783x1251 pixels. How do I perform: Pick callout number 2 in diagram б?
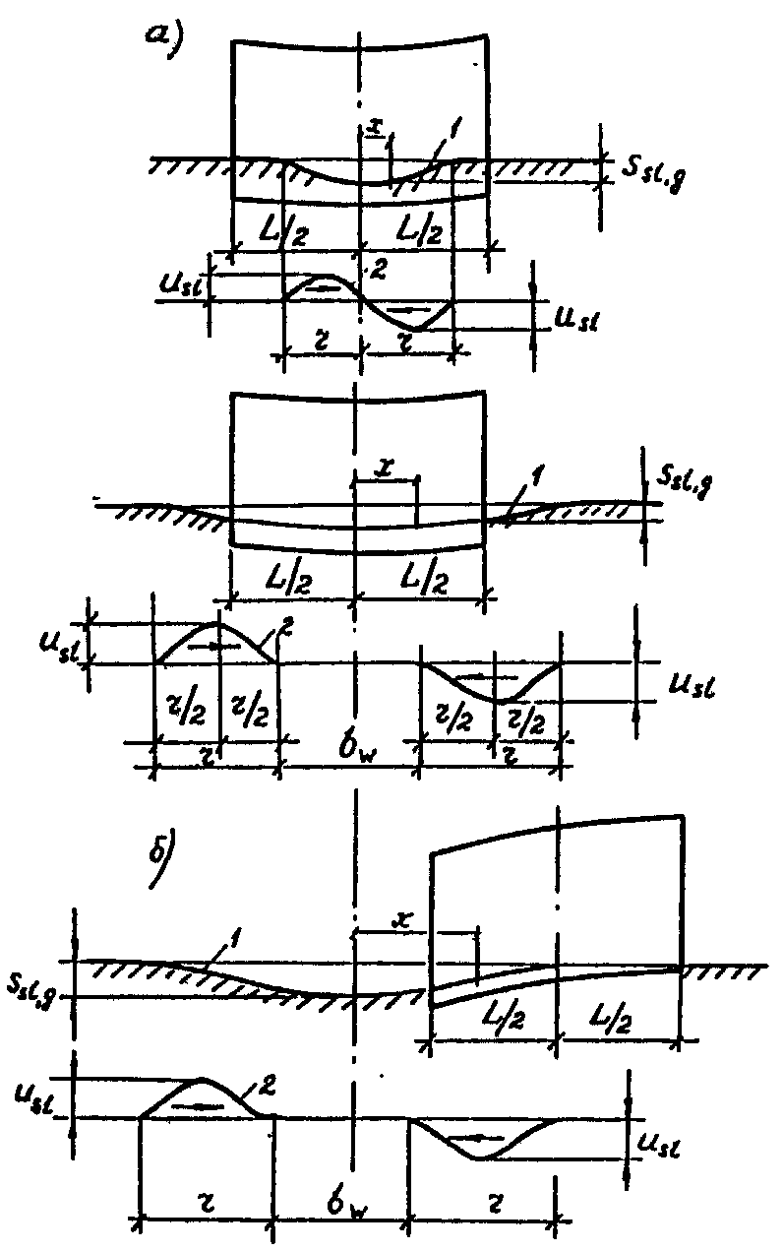point(266,1086)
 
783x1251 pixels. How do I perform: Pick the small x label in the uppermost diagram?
point(374,126)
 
